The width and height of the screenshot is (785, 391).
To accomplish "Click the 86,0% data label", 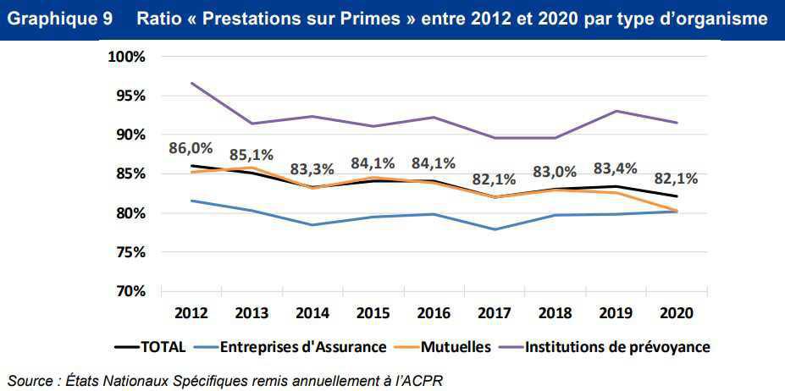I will [192, 148].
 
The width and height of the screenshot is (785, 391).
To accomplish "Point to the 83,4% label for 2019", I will [616, 168].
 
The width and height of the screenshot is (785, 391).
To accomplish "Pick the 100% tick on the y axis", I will [126, 57].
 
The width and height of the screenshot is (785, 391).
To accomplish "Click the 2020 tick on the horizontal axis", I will [675, 312].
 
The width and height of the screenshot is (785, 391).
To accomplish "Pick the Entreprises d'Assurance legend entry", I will [302, 346].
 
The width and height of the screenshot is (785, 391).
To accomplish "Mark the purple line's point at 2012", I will [192, 83].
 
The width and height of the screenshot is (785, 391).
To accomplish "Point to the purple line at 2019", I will [616, 111].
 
